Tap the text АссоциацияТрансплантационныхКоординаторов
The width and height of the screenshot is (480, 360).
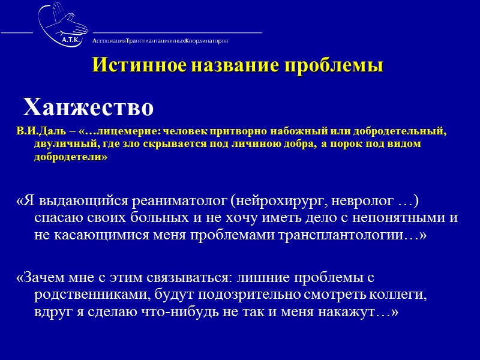[160, 41]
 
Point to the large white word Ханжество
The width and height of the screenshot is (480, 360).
[88, 107]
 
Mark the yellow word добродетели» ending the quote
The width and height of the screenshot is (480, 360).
[71, 158]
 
